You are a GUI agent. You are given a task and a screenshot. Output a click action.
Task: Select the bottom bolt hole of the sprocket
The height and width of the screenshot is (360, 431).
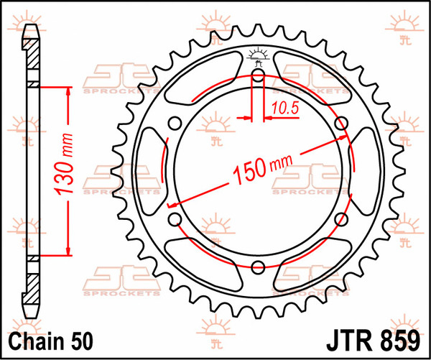click(259, 264)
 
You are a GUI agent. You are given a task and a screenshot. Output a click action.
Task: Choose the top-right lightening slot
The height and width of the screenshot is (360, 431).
click(313, 80)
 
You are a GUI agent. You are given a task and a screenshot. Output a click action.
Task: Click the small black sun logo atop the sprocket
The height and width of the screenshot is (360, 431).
click(259, 55)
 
